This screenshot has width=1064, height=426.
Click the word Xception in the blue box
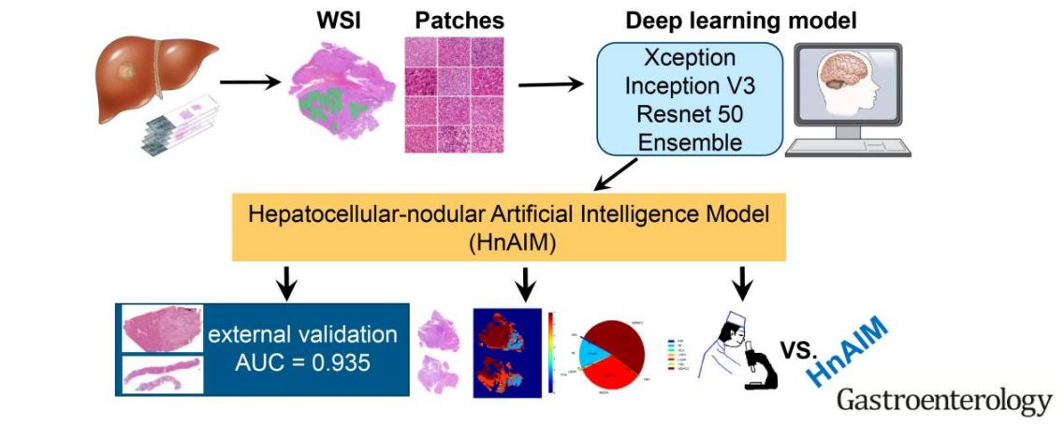tap(691, 58)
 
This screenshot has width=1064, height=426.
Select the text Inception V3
tap(691, 86)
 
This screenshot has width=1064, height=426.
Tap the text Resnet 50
tap(691, 114)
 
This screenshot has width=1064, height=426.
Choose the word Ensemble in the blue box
tap(691, 142)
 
